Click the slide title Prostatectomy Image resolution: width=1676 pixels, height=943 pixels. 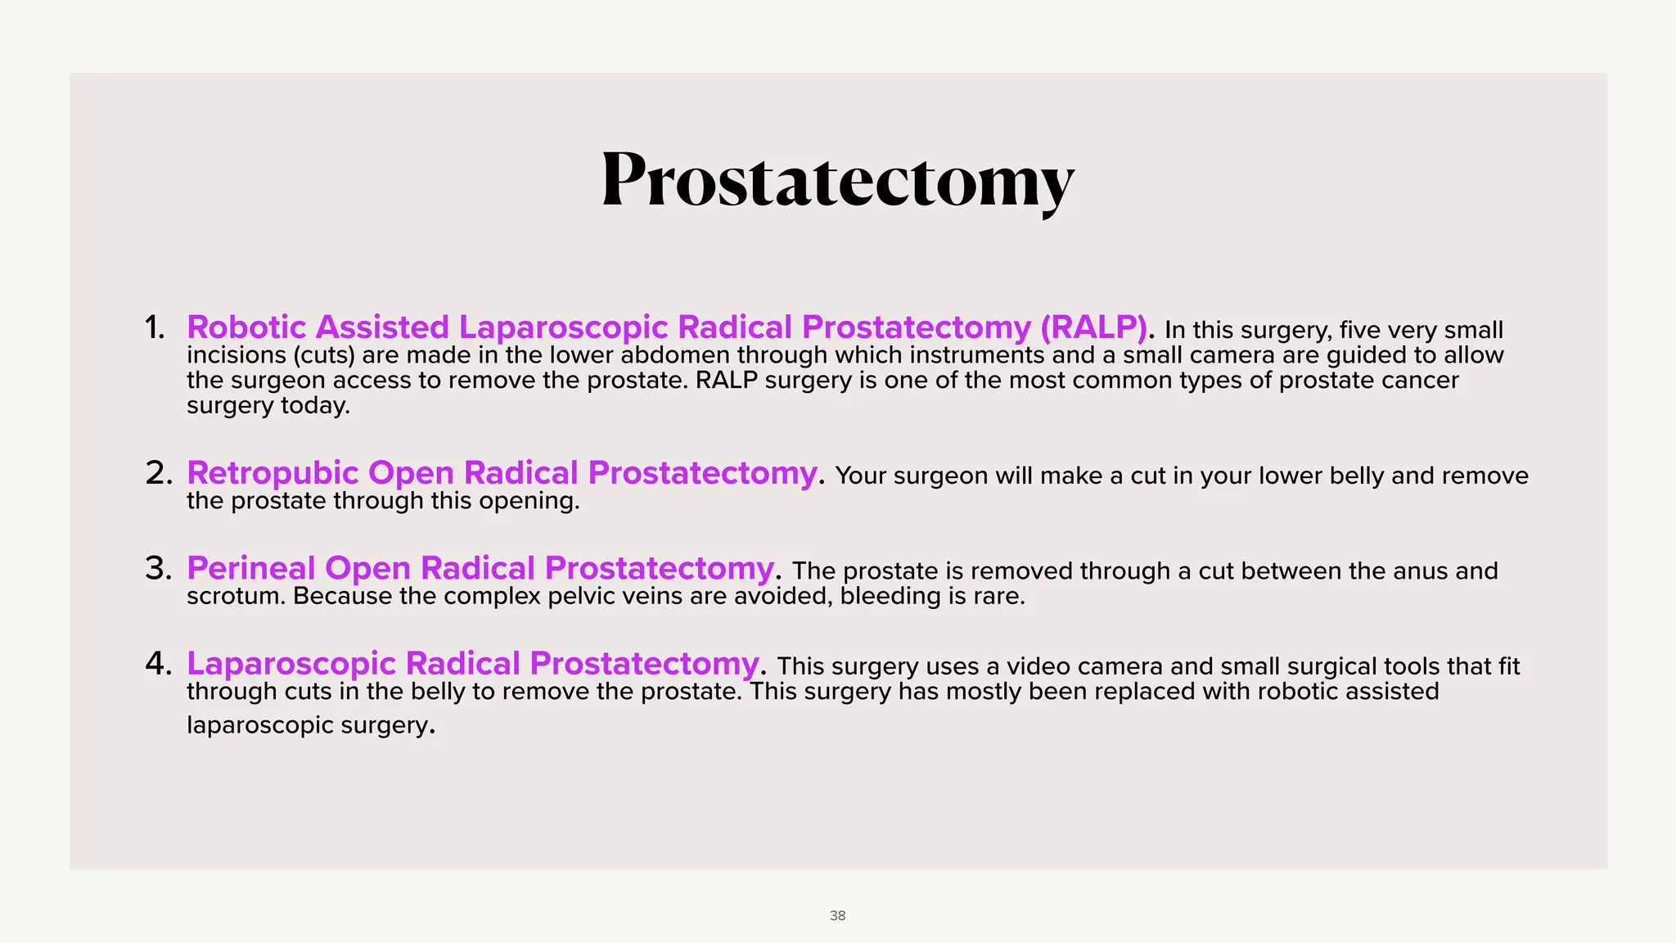click(x=837, y=180)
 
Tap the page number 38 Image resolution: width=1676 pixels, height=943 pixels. click(x=837, y=915)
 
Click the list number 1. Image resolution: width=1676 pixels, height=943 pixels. click(x=154, y=327)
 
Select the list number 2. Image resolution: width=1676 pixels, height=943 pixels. click(x=158, y=473)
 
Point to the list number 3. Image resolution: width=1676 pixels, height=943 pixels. click(x=158, y=568)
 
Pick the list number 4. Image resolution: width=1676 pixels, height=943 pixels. click(x=158, y=663)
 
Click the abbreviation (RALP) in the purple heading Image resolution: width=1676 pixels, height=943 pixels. click(x=1093, y=327)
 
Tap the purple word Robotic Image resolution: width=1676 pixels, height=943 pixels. click(x=246, y=327)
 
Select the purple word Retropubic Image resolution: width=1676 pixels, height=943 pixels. click(x=273, y=473)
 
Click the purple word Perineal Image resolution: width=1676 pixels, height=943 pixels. click(x=250, y=568)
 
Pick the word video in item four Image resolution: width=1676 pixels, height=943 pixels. click(x=1034, y=666)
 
